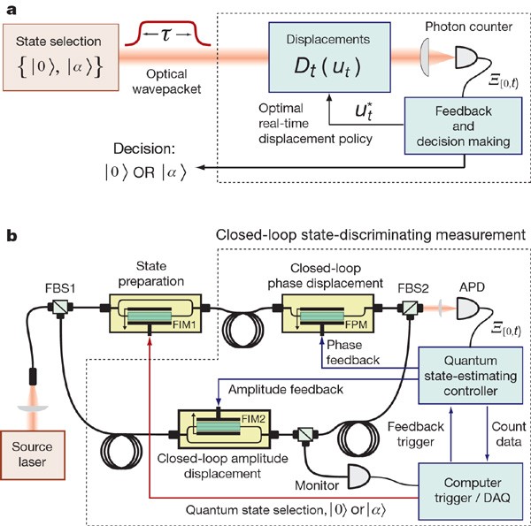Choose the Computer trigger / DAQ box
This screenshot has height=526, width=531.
(x=467, y=484)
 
